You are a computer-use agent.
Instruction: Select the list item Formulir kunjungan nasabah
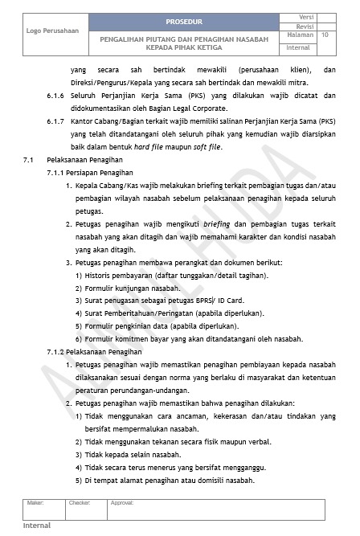pos(133,288)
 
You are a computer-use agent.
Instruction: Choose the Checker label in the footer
pos(80,502)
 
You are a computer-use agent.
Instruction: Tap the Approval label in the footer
pos(122,502)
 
